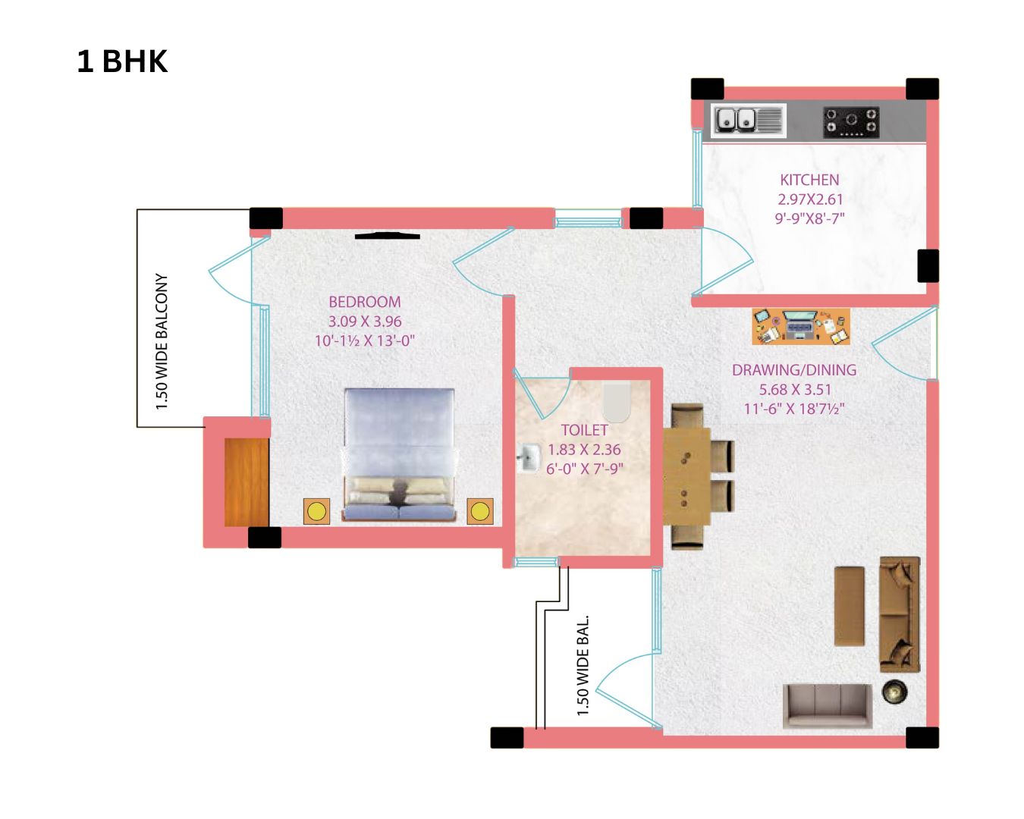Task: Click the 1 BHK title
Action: tap(122, 62)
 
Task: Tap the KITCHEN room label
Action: tap(809, 180)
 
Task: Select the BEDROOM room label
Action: tap(365, 302)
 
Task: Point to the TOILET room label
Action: tap(584, 430)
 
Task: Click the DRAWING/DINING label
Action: tap(793, 370)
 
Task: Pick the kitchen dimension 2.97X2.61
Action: tap(810, 199)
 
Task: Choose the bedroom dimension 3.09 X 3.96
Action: tap(365, 322)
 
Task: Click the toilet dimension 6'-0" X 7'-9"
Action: tap(584, 469)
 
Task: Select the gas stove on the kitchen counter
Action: tap(851, 122)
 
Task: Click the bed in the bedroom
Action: tap(399, 455)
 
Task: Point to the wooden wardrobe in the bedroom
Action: tap(247, 482)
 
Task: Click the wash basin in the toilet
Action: tap(528, 458)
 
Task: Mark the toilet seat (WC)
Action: tap(616, 401)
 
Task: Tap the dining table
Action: tap(686, 476)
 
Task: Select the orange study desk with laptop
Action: tap(801, 326)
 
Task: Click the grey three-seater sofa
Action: tap(828, 706)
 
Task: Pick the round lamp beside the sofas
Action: tap(894, 692)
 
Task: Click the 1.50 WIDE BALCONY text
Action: tap(162, 342)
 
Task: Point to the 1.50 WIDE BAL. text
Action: tap(583, 665)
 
